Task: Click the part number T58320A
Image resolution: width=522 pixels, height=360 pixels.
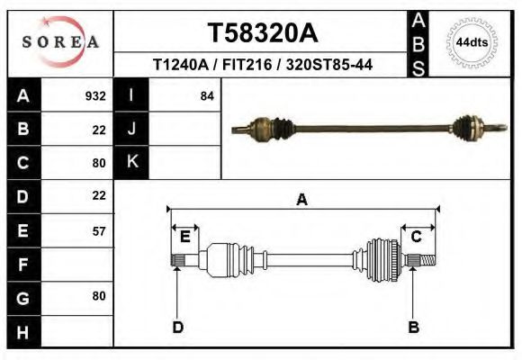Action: (263, 33)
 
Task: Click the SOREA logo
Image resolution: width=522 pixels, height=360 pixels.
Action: (61, 42)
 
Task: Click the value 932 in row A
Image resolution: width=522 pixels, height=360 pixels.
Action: (95, 95)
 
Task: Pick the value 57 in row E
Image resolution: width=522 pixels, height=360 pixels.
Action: (99, 230)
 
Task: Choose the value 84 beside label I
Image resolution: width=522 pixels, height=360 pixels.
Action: (207, 95)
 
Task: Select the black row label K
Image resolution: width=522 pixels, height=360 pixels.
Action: (131, 162)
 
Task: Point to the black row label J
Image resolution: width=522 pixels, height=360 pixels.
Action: (131, 129)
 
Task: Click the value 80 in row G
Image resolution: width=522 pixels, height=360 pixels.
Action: (99, 296)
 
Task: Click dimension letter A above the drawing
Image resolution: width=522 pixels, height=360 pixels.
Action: (302, 200)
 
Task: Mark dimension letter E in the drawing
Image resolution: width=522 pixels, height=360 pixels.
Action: (184, 237)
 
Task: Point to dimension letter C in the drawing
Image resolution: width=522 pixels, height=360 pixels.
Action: (417, 237)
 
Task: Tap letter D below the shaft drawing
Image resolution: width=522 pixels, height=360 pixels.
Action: (178, 327)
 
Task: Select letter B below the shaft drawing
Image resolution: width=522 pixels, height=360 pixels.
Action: (414, 327)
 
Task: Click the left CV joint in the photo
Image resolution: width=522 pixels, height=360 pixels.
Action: (261, 130)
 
